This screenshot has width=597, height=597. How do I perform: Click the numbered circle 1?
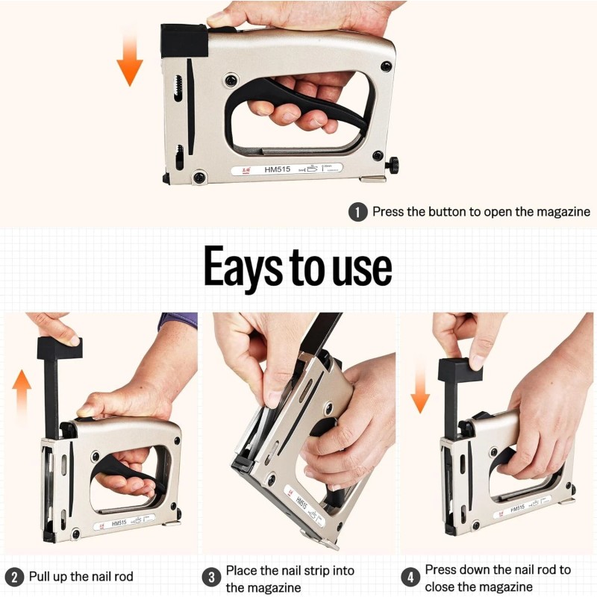point(358,212)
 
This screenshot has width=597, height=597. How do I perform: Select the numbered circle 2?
point(13,577)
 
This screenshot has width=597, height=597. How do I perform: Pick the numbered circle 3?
point(211,577)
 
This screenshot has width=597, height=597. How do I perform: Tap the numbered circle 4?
point(410,577)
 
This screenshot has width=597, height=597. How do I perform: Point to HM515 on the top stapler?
point(277,170)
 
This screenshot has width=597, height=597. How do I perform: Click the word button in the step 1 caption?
point(447,212)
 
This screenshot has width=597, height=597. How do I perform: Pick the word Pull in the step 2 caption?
point(41,577)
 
